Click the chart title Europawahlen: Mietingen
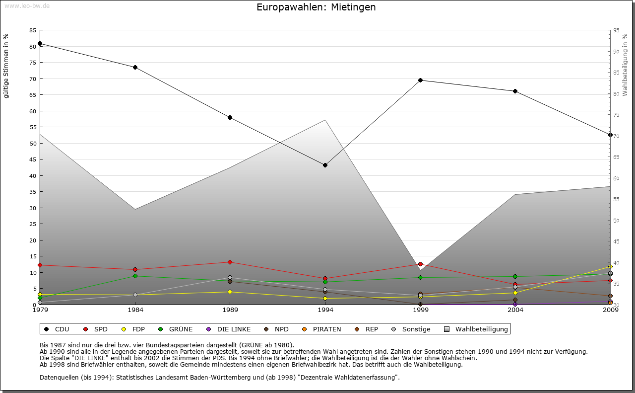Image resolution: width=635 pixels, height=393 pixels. click(316, 7)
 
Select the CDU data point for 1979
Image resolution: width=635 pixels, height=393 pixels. click(40, 44)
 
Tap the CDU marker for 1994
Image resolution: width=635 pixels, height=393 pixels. click(325, 165)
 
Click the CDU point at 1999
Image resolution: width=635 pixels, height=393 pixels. click(420, 80)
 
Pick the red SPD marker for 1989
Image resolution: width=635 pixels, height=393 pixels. click(230, 262)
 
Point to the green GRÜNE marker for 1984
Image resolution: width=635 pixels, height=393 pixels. click(135, 276)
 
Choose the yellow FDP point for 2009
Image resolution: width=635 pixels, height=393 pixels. click(610, 267)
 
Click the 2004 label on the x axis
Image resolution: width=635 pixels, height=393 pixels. click(515, 310)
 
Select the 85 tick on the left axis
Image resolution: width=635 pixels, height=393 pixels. click(33, 30)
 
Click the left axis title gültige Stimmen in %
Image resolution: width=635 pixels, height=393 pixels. click(6, 66)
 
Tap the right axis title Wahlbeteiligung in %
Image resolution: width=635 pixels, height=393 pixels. click(625, 65)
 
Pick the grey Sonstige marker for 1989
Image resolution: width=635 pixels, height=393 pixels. click(230, 278)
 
